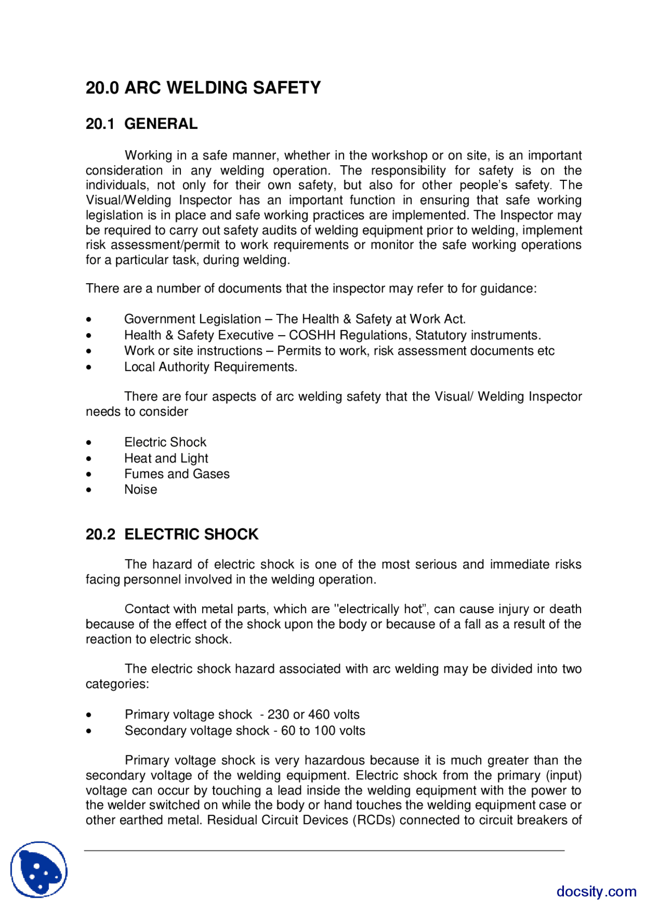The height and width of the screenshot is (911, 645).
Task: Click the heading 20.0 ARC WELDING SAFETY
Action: [203, 88]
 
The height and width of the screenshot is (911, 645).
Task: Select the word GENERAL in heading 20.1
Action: [161, 124]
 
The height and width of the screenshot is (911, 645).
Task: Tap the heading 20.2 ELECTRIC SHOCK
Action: [172, 534]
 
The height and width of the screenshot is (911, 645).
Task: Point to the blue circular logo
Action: [39, 869]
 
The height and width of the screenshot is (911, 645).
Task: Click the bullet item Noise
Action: [141, 490]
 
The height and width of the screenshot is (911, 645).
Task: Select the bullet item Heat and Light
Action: [166, 458]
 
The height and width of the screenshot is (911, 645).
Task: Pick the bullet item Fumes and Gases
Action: [177, 474]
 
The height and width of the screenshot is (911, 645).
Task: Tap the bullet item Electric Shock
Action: [165, 442]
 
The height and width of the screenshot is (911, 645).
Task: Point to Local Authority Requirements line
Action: [211, 367]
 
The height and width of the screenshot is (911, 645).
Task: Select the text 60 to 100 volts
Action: [323, 731]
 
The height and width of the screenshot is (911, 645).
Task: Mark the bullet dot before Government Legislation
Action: [89, 319]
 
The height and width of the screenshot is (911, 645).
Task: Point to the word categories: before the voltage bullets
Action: [117, 684]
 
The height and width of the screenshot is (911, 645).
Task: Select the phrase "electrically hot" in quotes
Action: [381, 609]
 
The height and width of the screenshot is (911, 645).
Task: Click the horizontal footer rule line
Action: [324, 851]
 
